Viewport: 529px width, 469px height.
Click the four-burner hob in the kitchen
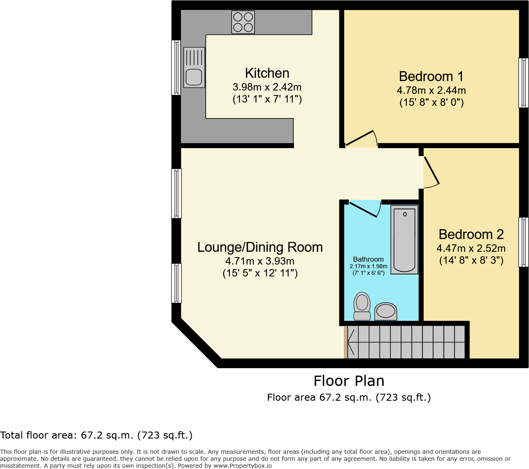[243, 22]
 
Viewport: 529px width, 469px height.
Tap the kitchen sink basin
[194, 77]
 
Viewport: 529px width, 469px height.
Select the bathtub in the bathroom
[404, 239]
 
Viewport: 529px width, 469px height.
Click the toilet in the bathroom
[362, 306]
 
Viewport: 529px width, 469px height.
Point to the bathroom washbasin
[386, 311]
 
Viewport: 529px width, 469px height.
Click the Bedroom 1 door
[362, 138]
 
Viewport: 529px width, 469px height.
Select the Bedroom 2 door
[431, 172]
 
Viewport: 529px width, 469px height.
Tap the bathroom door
[365, 209]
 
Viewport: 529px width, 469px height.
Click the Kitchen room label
[267, 73]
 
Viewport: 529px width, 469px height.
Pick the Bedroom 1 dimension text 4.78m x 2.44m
[432, 91]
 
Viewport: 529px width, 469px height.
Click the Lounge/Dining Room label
[260, 247]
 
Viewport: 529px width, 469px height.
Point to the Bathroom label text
[368, 259]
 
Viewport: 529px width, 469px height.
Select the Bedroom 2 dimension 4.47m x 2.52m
[471, 248]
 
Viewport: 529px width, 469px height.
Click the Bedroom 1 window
[524, 83]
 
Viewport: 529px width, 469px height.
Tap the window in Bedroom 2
[524, 242]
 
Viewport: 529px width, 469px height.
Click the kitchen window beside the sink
[176, 67]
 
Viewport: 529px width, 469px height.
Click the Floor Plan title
[349, 381]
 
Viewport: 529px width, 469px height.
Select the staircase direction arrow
[350, 342]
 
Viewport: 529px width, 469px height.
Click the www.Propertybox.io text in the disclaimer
[243, 466]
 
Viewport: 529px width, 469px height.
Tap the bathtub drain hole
[405, 214]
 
